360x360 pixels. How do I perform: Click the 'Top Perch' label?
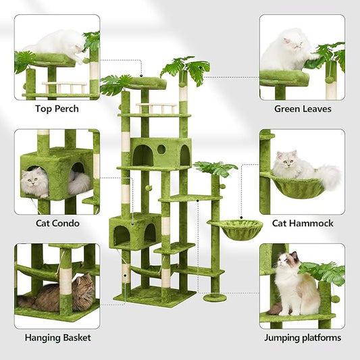tap(56, 109)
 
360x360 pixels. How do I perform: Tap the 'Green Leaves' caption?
tap(302, 109)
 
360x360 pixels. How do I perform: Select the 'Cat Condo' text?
tap(56, 223)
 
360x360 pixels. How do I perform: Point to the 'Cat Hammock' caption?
tap(302, 223)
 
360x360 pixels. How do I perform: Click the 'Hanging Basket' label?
tap(56, 338)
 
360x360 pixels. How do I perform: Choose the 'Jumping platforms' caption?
tap(302, 338)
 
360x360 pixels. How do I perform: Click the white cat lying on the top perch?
tap(54, 42)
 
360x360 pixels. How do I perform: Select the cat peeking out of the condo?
tap(35, 181)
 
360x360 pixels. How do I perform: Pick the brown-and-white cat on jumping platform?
tap(298, 283)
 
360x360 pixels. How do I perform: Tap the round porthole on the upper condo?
tap(161, 149)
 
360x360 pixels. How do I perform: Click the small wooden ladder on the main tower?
tap(156, 108)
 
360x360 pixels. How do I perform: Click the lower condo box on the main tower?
tap(135, 230)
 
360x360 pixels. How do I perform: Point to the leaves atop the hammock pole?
tap(215, 168)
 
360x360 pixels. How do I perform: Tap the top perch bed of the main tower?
tap(148, 83)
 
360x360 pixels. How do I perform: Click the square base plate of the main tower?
tap(154, 295)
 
